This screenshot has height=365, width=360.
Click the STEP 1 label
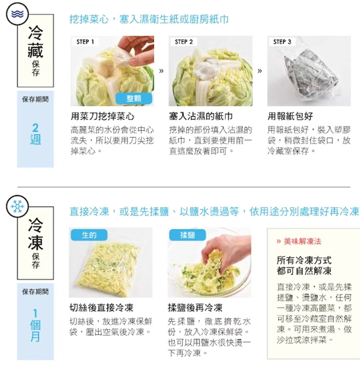click(x=85, y=42)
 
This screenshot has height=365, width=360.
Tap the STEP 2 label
click(x=184, y=42)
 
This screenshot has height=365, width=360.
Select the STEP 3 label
click(x=282, y=42)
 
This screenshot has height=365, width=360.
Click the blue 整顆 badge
click(x=134, y=99)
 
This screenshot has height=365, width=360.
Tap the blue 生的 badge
click(x=89, y=235)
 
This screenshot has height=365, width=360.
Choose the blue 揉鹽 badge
click(x=187, y=235)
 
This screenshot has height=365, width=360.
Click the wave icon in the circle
click(x=17, y=14)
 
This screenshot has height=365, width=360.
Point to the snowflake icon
click(x=17, y=206)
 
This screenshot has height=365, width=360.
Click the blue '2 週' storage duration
click(x=35, y=134)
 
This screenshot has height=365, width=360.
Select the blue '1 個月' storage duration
click(x=35, y=325)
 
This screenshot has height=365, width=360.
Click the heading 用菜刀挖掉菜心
click(x=102, y=116)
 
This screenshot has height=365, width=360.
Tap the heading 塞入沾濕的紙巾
click(x=201, y=116)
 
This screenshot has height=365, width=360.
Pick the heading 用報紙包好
click(x=290, y=116)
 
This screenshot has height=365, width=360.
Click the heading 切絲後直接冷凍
click(x=101, y=308)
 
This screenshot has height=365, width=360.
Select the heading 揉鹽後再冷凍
click(x=195, y=308)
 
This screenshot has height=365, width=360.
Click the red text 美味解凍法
click(x=302, y=242)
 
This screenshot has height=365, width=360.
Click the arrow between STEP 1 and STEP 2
click(x=161, y=71)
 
